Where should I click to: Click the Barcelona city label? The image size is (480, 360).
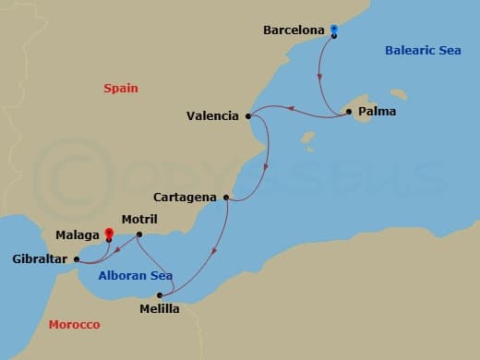(294, 30)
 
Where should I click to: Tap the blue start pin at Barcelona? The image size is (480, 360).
(334, 30)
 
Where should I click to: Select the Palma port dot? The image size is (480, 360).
(349, 113)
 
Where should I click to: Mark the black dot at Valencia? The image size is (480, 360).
(248, 116)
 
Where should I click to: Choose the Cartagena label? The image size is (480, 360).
(187, 198)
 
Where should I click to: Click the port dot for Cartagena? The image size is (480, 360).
(226, 198)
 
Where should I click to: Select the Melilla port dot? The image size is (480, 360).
(160, 295)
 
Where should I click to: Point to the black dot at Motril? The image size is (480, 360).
(138, 234)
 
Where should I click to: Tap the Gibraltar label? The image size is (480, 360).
(38, 259)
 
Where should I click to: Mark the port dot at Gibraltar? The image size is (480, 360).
(77, 259)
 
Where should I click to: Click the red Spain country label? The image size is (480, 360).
(120, 89)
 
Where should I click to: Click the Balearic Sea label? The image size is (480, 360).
(424, 51)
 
